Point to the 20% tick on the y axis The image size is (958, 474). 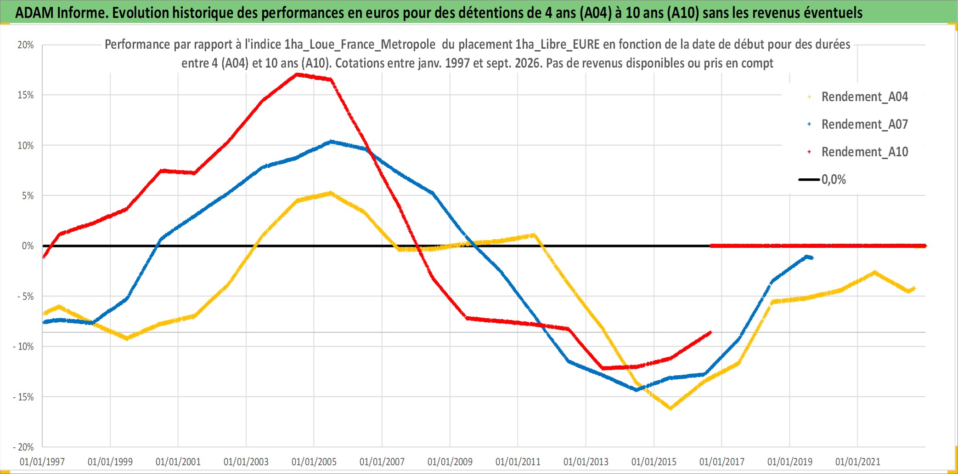click(x=26, y=45)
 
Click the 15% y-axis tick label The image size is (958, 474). click(x=26, y=95)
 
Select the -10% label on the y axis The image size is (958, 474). click(x=23, y=347)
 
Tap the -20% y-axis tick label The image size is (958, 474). click(x=23, y=447)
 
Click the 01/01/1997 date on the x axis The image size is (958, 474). click(x=42, y=462)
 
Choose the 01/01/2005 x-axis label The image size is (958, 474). click(x=314, y=462)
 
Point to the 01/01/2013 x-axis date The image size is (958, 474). click(x=586, y=462)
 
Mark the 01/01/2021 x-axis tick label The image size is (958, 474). click(x=858, y=462)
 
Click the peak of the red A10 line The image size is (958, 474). click(x=297, y=74)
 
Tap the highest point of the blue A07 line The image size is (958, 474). click(x=331, y=142)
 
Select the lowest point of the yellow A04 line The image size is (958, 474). click(x=671, y=408)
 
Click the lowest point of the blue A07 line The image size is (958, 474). click(x=637, y=390)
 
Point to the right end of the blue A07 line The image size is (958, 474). click(x=812, y=258)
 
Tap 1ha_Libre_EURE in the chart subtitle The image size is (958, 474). click(x=558, y=45)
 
